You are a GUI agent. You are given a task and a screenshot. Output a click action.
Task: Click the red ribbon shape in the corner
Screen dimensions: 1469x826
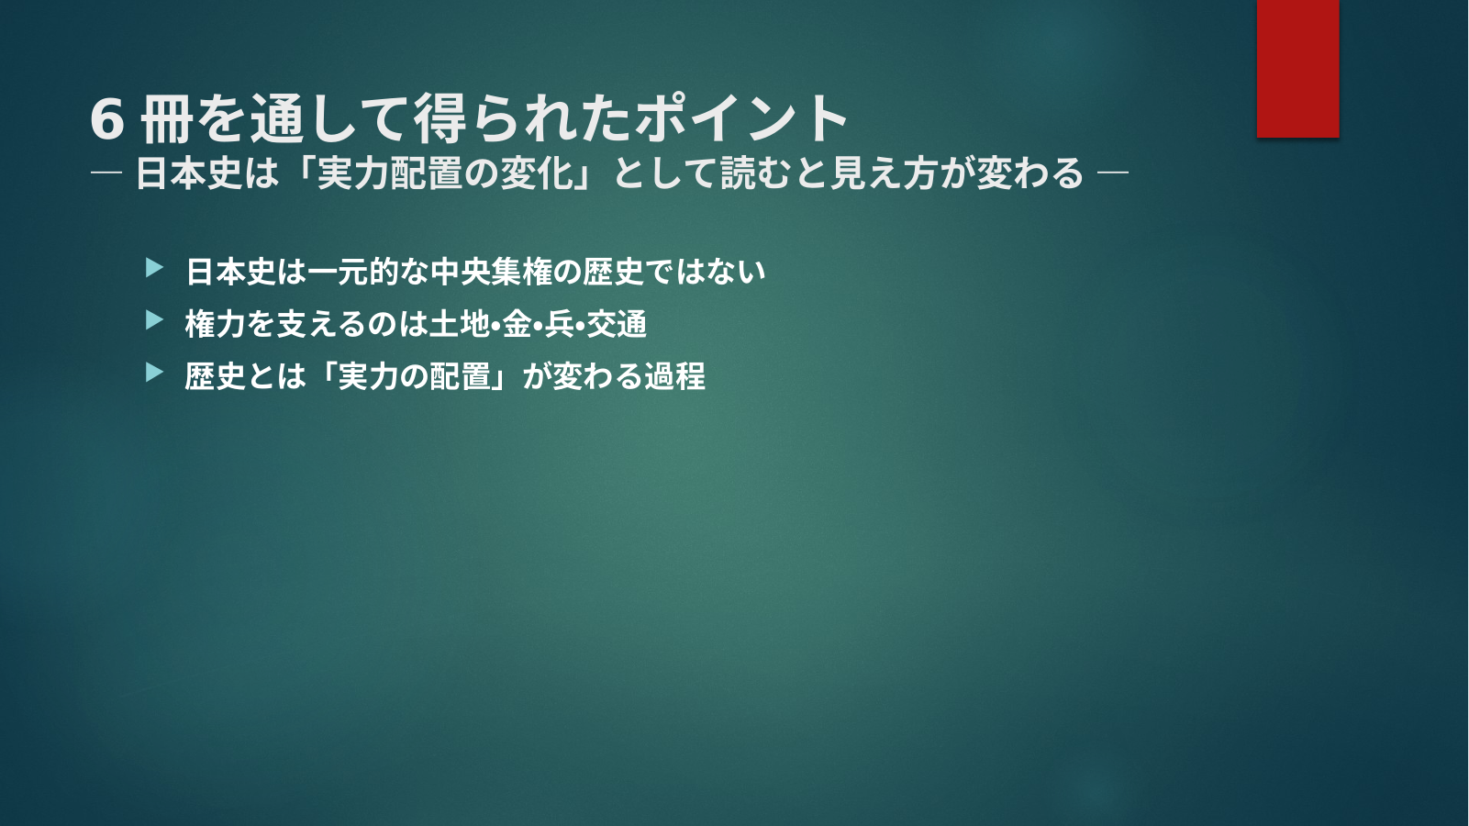[x=1297, y=68]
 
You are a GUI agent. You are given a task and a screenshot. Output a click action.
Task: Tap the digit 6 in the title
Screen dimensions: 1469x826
[x=107, y=118]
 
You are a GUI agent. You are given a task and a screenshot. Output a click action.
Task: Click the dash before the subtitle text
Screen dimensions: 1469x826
[x=106, y=173]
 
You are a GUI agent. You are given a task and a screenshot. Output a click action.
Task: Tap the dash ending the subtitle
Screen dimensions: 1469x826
[x=1112, y=173]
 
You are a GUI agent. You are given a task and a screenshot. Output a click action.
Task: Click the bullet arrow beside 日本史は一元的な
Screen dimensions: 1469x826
[x=154, y=268]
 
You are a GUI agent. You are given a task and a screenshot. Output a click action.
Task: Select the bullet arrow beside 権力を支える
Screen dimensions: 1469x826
[x=154, y=320]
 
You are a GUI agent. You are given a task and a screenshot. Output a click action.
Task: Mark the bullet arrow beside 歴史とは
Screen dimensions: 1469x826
[x=154, y=373]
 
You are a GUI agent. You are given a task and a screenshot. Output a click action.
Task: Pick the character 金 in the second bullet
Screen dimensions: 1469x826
[x=517, y=324]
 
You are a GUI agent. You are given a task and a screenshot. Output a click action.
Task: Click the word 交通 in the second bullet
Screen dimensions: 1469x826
[x=617, y=324]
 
